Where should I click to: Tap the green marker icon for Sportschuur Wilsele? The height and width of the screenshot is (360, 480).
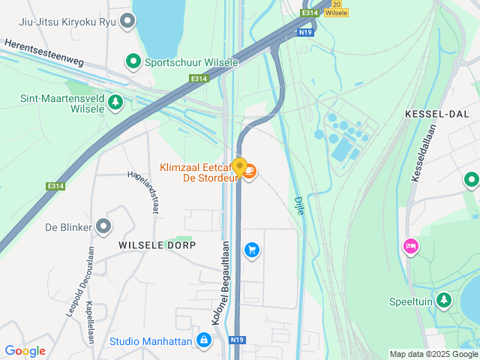133,61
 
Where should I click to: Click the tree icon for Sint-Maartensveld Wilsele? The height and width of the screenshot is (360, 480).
115,101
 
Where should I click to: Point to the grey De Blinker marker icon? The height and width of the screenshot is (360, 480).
103,226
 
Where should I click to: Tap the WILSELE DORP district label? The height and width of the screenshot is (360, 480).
157,245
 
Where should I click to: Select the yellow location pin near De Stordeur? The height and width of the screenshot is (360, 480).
239,166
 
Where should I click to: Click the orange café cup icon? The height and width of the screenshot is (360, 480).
250,172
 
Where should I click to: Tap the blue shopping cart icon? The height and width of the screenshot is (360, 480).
252,249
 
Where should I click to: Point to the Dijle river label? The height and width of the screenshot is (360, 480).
298,205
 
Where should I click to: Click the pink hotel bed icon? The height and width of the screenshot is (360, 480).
410,246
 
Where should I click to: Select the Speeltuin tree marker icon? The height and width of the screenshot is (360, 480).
445,301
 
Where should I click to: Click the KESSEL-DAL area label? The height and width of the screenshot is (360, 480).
436,113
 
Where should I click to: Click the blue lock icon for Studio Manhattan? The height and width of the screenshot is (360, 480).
202,340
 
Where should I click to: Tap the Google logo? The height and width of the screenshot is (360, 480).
25,350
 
